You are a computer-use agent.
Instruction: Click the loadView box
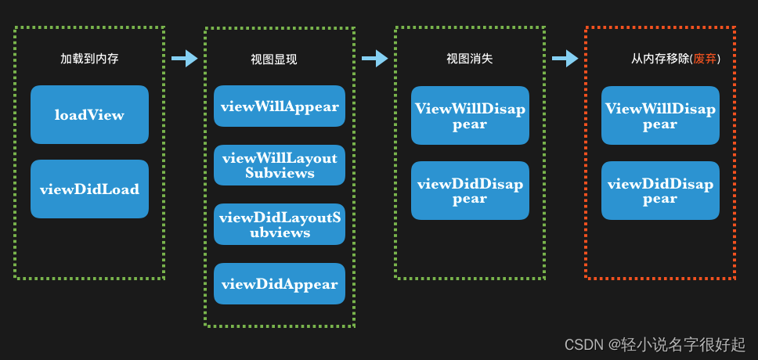tap(89, 114)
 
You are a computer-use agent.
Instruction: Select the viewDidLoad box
tap(89, 189)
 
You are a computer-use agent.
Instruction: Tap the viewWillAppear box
tap(280, 106)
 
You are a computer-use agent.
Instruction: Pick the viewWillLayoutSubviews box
tap(280, 165)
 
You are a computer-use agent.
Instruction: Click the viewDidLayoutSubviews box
tap(280, 225)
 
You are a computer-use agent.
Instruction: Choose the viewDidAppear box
tap(280, 284)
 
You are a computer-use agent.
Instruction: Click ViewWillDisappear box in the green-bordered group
tap(470, 116)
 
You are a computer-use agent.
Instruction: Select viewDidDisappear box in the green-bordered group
tap(470, 190)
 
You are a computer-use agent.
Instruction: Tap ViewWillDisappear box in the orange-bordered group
tap(660, 116)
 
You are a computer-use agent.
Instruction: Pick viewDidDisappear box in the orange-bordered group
tap(660, 190)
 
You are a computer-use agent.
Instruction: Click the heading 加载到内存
tap(89, 59)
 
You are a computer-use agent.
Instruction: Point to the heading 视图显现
tap(273, 59)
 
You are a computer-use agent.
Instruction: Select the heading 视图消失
tap(469, 59)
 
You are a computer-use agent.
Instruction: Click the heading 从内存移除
tap(659, 59)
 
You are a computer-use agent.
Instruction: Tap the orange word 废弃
tap(705, 59)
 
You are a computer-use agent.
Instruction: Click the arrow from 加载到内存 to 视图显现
tap(185, 58)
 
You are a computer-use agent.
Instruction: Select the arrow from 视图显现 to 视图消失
tap(375, 58)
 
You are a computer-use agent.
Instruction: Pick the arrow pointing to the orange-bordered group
tap(565, 58)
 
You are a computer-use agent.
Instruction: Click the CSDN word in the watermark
tap(583, 344)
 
